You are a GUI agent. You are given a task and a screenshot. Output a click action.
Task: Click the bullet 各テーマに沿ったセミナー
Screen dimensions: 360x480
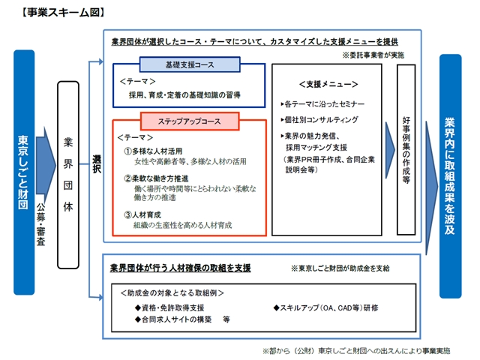coord(325,103)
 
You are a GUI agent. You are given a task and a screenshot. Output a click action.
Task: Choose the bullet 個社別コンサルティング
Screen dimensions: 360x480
coord(320,120)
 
